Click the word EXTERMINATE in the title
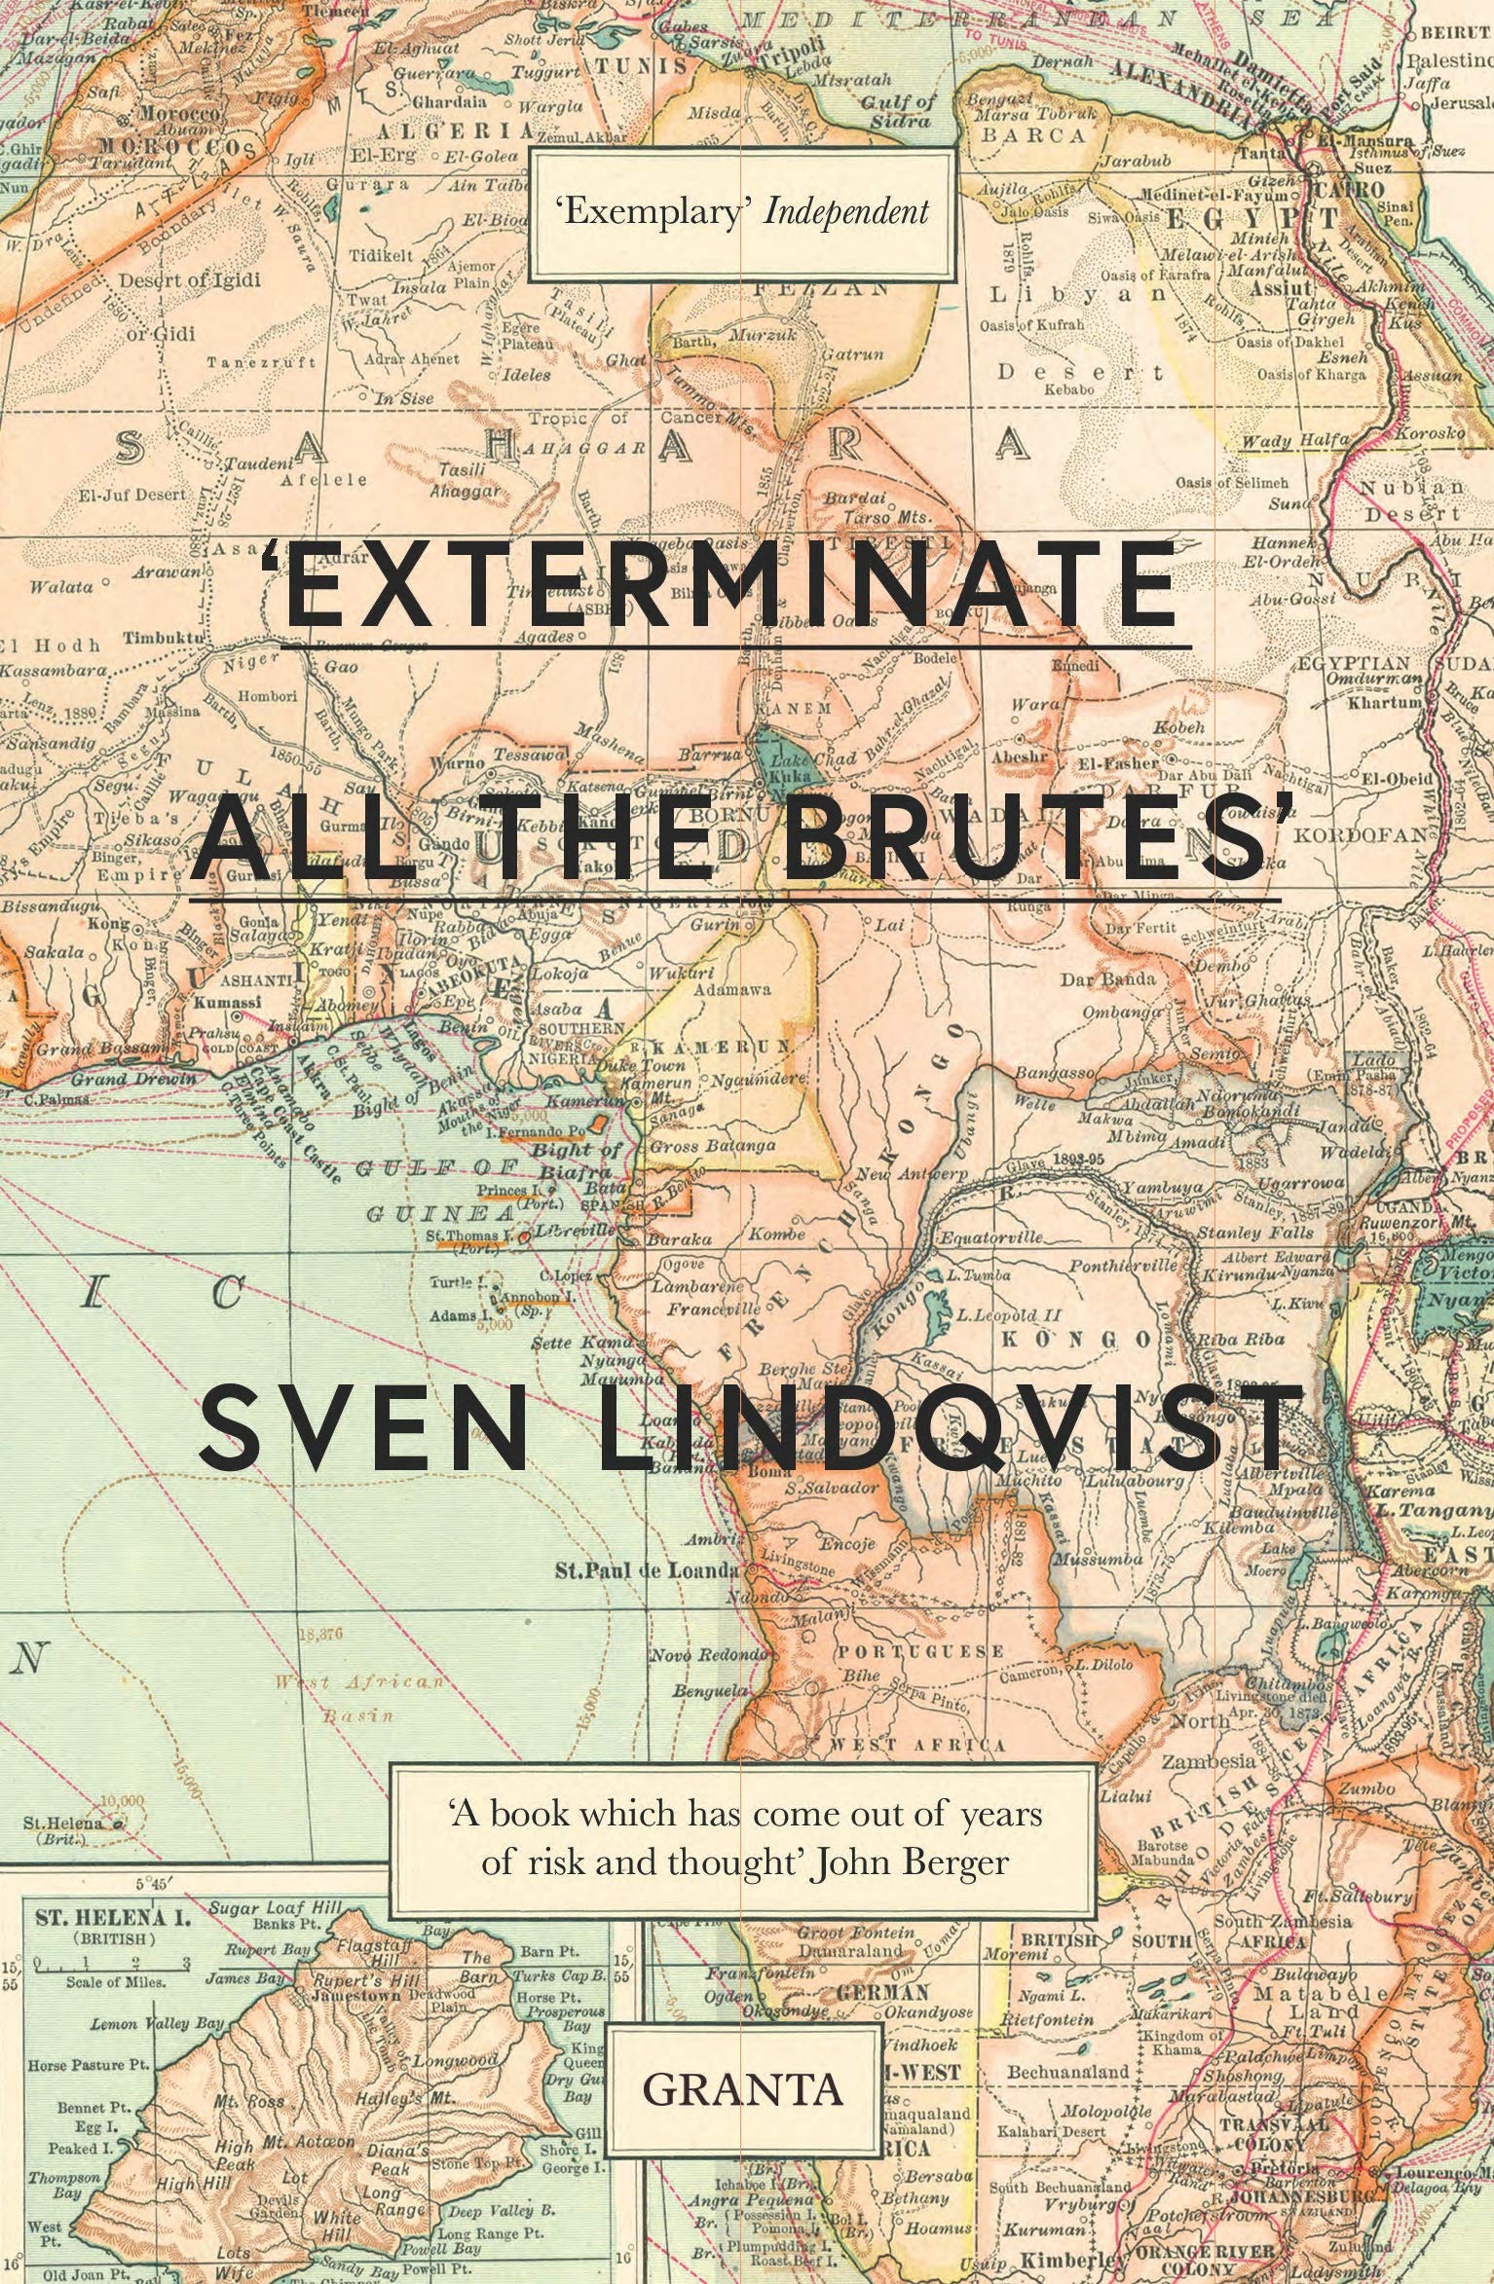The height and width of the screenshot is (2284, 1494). click(x=728, y=591)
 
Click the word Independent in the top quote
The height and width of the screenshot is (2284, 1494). click(x=844, y=212)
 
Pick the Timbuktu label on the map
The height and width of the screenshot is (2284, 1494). click(x=162, y=636)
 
